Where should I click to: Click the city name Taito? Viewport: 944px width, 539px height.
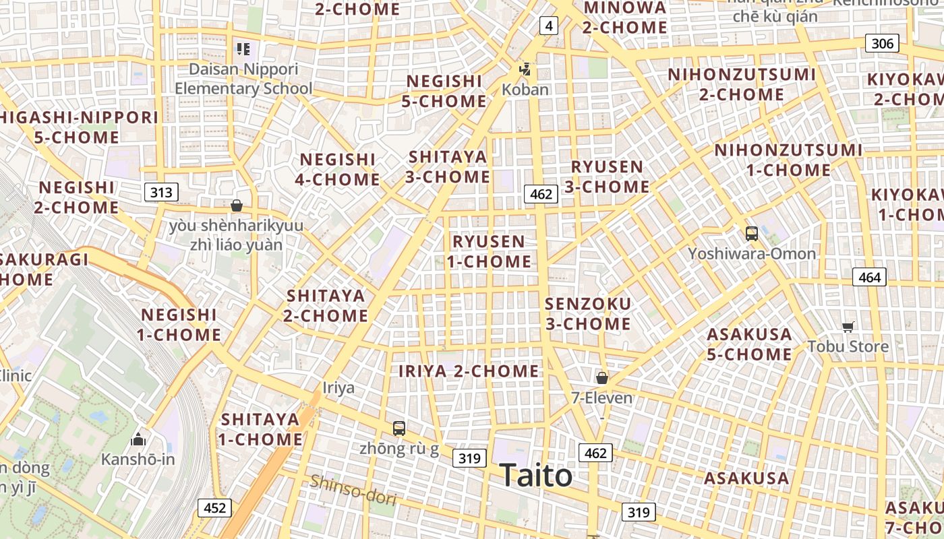(536, 475)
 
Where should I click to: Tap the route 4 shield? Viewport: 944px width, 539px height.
(549, 26)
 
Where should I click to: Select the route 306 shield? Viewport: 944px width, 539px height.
(882, 44)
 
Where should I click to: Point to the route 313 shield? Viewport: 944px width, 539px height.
(161, 193)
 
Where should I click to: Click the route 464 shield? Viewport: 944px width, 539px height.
(869, 277)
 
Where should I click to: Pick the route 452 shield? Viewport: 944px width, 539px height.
(214, 508)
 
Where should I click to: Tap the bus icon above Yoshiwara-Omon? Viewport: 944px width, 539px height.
(752, 234)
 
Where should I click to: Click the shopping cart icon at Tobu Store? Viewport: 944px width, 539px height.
(848, 327)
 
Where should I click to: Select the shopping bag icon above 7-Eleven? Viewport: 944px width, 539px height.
(602, 378)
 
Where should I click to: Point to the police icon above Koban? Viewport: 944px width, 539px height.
(525, 69)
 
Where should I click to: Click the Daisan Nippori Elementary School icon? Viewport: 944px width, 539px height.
(243, 49)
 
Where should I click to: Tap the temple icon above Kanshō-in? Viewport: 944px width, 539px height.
(138, 440)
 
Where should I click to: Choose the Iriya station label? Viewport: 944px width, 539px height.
(338, 388)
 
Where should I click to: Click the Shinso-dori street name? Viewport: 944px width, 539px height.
(353, 490)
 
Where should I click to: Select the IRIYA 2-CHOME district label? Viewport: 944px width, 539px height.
(469, 371)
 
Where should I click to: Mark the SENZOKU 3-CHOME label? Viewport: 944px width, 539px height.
(588, 314)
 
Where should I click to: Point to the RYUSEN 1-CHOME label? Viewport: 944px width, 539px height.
(489, 251)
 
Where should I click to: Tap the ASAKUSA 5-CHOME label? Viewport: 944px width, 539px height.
(749, 344)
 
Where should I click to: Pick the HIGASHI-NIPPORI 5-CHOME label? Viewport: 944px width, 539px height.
(77, 127)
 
